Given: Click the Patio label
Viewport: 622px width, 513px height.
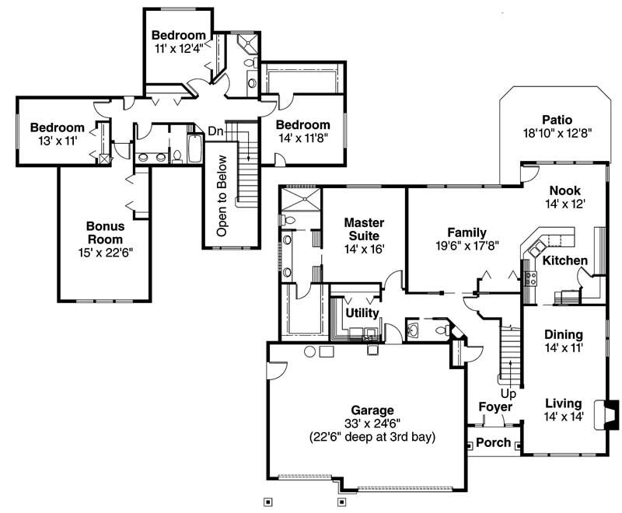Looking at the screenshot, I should click(558, 120).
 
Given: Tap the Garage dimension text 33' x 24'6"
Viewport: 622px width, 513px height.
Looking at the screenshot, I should click(372, 424).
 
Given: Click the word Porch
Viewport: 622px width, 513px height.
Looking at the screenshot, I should click(493, 442).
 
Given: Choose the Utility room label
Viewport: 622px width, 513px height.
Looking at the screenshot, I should click(362, 313).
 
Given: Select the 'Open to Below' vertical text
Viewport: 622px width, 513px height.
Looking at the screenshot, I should click(222, 195).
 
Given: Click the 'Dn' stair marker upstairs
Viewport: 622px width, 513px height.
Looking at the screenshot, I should click(215, 132).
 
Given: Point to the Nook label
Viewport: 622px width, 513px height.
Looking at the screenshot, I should click(565, 190).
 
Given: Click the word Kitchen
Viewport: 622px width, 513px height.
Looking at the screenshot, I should click(565, 260).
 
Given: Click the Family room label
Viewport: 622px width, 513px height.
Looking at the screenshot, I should click(467, 232).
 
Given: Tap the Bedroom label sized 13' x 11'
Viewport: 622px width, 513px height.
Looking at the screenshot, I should click(57, 128).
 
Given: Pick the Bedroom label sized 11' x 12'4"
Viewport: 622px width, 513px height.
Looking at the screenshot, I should click(179, 35).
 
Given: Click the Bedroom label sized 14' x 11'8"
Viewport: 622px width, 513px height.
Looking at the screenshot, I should click(303, 125).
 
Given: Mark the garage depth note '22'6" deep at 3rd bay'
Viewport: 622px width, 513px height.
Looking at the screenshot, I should click(372, 437).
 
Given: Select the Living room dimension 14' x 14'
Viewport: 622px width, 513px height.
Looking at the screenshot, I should click(563, 417).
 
